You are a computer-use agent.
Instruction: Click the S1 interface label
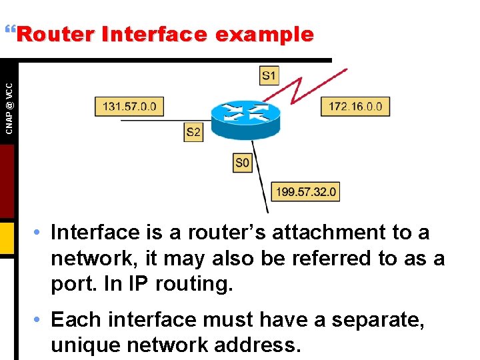[x=269, y=75]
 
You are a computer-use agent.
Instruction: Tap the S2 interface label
[x=193, y=132]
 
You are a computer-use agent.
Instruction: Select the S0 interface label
[x=243, y=162]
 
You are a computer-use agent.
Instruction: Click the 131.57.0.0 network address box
[x=129, y=107]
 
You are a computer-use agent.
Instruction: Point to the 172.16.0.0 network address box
[x=355, y=107]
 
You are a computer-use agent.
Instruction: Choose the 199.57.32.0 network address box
[x=306, y=192]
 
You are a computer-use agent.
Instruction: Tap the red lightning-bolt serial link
[x=313, y=87]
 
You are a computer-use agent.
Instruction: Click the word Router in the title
[x=56, y=35]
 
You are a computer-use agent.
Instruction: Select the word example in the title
[x=273, y=35]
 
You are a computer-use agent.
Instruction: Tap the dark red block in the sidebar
[x=7, y=180]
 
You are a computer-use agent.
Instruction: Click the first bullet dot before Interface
[x=41, y=233]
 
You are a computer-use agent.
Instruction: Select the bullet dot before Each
[x=41, y=320]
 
